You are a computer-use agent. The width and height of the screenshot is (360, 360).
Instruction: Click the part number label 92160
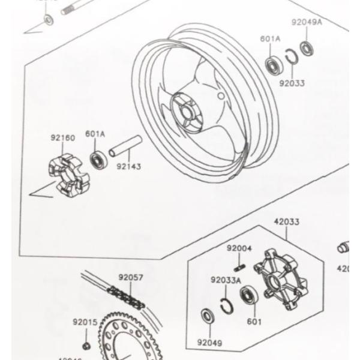click(x=62, y=138)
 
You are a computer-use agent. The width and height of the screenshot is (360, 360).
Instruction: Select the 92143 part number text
click(x=128, y=166)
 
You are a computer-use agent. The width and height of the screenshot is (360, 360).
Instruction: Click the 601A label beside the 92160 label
click(x=95, y=134)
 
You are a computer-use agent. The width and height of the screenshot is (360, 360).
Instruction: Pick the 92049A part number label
click(x=307, y=22)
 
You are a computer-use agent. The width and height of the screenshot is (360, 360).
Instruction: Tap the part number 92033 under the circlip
click(x=292, y=83)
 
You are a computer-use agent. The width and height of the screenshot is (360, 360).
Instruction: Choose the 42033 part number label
click(x=287, y=221)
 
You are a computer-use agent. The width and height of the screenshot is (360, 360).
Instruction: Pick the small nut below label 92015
click(x=86, y=345)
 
